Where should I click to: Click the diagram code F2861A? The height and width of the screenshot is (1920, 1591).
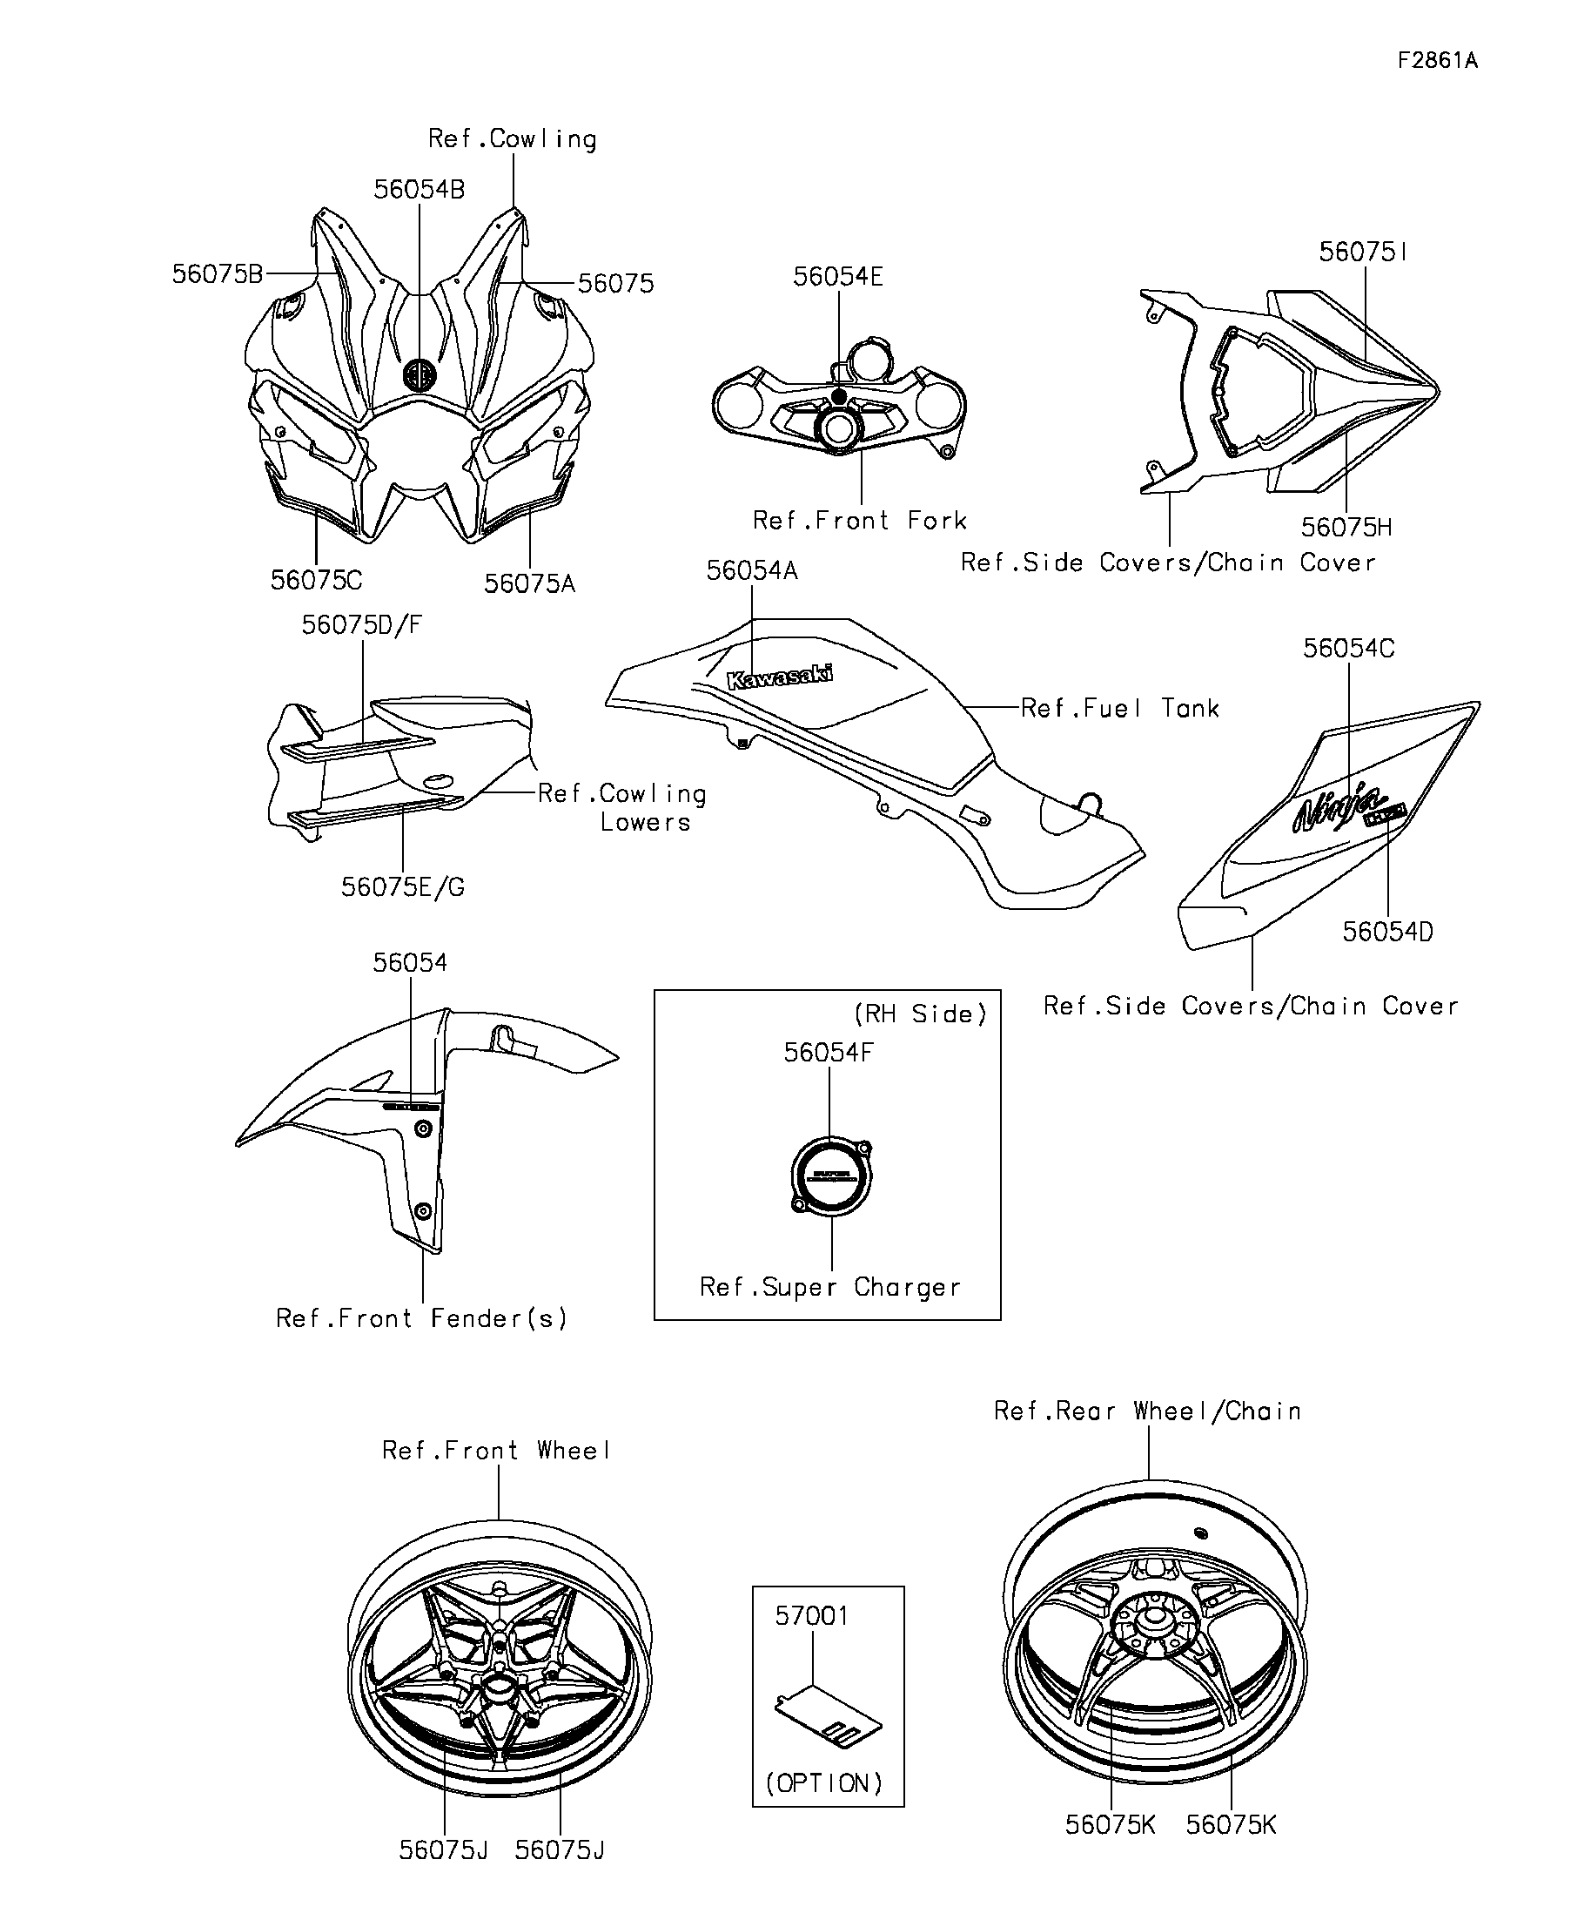coord(1437,60)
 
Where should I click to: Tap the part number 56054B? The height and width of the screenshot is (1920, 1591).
coord(419,189)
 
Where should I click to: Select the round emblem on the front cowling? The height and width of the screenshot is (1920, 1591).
coord(420,374)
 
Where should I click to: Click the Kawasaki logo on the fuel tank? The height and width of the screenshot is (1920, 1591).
coord(779,677)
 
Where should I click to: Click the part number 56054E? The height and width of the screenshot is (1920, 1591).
coord(838,276)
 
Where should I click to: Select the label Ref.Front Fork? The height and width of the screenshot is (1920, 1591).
coord(859,520)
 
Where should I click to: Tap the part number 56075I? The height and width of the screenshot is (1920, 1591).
coord(1363,252)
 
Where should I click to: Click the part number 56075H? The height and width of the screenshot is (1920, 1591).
coord(1346,528)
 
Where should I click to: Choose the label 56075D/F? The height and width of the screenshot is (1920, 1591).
coord(362,624)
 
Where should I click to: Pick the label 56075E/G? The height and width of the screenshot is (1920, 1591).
coord(402,886)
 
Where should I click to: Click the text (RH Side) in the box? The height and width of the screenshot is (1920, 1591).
coord(920,1014)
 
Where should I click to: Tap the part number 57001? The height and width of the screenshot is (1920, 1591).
coord(811,1615)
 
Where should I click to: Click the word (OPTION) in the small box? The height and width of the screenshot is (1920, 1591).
coord(824,1783)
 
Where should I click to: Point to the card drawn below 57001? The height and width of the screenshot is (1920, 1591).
coord(828,1717)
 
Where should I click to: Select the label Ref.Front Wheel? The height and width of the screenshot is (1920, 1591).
coord(496,1450)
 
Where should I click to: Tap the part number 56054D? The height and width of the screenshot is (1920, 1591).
coord(1387,932)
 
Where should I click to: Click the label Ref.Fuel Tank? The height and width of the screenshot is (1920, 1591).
coord(1119,709)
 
